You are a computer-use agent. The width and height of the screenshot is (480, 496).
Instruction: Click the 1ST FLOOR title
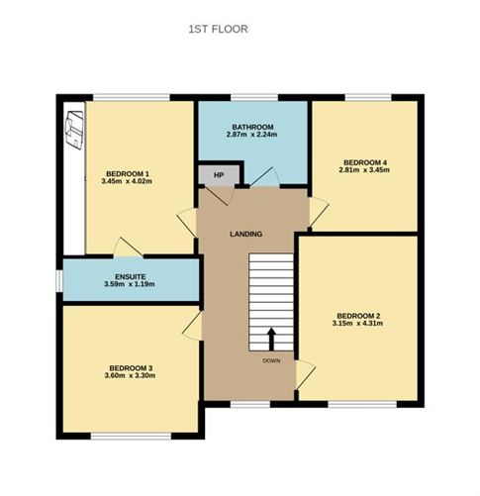[219, 30]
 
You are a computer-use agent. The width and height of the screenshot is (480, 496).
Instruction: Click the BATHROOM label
[252, 128]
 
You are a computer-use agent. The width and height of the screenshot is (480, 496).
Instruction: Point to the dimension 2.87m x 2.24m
[252, 137]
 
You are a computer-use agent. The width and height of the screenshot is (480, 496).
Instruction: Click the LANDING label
[245, 235]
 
